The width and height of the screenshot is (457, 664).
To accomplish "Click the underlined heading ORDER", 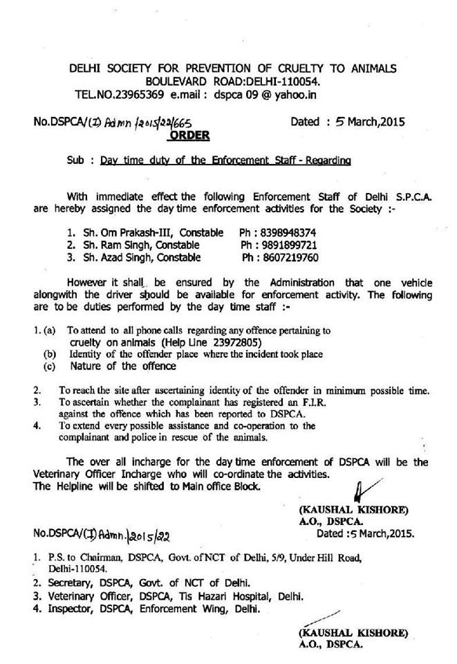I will point(189,136).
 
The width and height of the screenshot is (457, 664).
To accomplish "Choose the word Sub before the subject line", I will point(76,161).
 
